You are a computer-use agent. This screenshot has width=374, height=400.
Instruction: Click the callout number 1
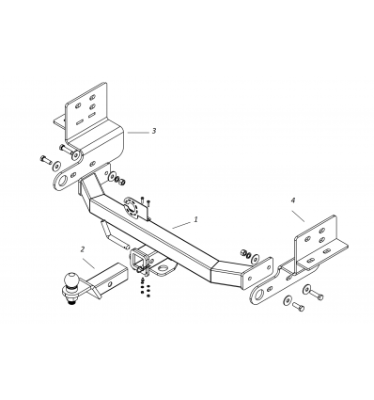click(196, 219)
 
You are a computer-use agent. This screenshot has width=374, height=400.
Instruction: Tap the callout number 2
click(83, 249)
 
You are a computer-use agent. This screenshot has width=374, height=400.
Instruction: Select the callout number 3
click(154, 131)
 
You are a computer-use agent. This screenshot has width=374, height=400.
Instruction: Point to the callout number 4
click(293, 200)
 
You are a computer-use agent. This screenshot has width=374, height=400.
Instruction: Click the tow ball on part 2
click(71, 279)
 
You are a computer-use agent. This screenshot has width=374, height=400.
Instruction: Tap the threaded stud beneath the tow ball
click(71, 301)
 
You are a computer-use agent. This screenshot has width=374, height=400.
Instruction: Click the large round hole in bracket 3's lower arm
click(63, 182)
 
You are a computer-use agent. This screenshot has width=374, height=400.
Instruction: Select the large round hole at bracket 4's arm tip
click(258, 296)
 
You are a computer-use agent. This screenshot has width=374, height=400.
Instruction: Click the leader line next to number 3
click(138, 133)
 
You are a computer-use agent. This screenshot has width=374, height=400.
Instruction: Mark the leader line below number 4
click(299, 216)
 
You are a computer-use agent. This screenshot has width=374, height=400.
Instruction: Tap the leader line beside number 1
click(181, 225)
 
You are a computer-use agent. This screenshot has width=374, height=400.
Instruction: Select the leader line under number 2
click(89, 264)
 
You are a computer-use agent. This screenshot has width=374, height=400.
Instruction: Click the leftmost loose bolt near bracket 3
click(46, 160)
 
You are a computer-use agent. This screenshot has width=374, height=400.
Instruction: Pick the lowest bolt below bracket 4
click(298, 306)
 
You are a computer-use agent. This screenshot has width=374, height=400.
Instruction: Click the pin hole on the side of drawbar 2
click(109, 284)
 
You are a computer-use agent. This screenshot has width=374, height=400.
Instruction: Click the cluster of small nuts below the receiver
click(144, 288)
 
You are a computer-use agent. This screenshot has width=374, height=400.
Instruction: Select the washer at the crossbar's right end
click(256, 259)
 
